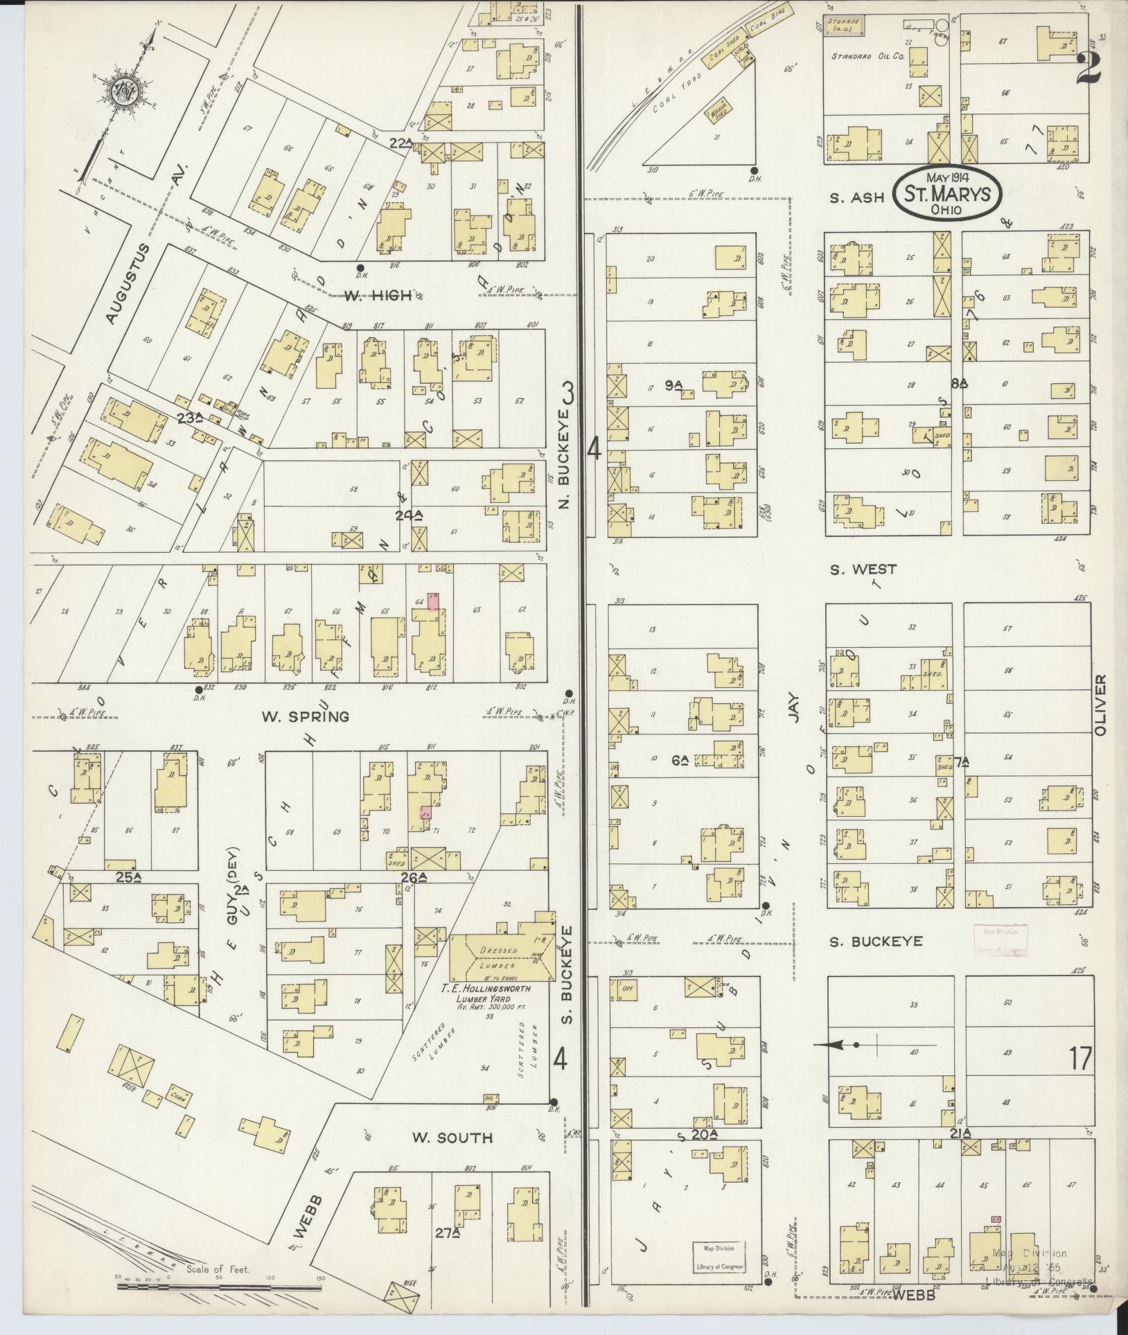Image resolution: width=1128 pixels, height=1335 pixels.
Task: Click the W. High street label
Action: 378,296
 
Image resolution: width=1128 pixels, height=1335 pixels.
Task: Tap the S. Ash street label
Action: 858,197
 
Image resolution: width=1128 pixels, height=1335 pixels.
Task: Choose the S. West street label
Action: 863,569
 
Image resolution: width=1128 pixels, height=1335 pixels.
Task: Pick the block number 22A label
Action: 400,143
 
